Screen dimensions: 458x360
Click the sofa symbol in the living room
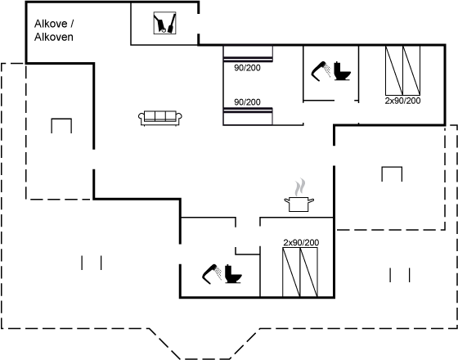click(x=160, y=119)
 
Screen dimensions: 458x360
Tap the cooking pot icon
click(x=299, y=204)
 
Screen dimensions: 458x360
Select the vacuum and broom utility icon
click(x=164, y=23)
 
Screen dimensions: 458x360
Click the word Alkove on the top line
click(x=51, y=24)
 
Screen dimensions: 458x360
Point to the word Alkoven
click(x=54, y=37)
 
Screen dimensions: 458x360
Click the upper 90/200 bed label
click(x=247, y=68)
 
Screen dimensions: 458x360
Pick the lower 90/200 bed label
click(x=247, y=102)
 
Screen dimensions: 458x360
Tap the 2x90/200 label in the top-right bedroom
click(x=402, y=101)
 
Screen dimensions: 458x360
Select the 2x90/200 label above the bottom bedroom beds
click(x=301, y=242)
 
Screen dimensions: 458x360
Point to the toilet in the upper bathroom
click(x=342, y=71)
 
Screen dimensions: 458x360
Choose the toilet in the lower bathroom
click(x=233, y=274)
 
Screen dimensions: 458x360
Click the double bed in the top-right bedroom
click(x=402, y=70)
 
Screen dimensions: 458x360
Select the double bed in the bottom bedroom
click(x=300, y=272)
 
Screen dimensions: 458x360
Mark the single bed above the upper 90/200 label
click(x=248, y=54)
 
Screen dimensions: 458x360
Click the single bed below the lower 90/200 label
click(x=248, y=116)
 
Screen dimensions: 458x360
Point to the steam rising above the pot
click(x=300, y=187)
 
